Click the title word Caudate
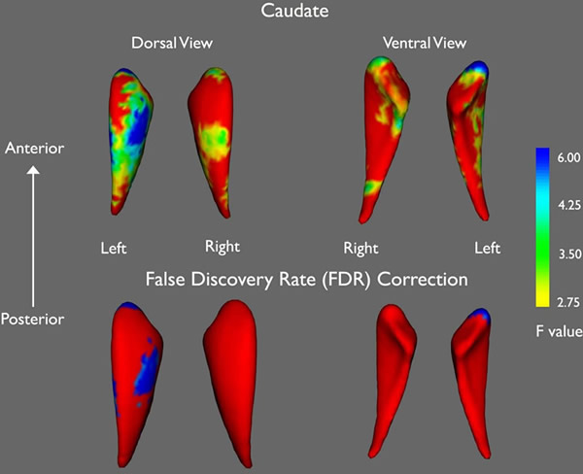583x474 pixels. pos(290,13)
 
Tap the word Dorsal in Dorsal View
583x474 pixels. pos(154,44)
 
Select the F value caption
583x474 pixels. pos(558,331)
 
